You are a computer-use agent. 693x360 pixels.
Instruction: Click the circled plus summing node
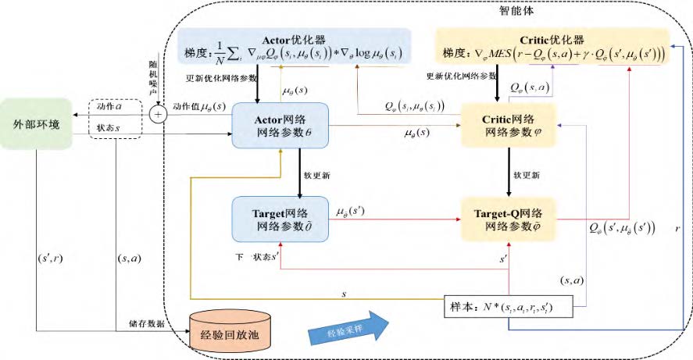pos(159,114)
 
